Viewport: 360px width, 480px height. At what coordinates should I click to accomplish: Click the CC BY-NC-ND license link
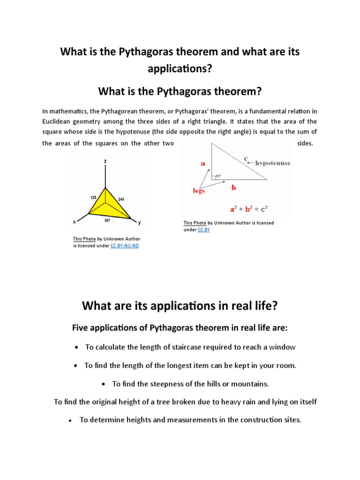pos(125,246)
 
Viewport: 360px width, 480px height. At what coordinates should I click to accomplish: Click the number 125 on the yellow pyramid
pos(93,197)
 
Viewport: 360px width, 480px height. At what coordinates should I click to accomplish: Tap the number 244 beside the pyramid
pos(121,199)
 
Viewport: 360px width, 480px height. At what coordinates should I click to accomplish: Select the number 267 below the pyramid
pos(107,220)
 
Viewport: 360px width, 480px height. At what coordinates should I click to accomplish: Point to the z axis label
pos(105,161)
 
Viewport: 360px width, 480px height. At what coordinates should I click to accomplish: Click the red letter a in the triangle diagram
pos(203,163)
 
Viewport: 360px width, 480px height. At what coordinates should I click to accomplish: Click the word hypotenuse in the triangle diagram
pos(273,163)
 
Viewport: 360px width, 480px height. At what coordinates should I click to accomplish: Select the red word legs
pos(199,190)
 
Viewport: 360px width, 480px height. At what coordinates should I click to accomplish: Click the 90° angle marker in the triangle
pos(218,176)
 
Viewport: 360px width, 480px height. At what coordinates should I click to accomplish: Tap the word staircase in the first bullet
pos(176,347)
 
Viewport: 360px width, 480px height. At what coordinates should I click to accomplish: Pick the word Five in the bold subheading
pos(81,328)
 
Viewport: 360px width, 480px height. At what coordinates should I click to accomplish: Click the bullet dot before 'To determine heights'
pos(70,421)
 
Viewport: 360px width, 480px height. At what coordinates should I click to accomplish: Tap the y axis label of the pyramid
pos(139,223)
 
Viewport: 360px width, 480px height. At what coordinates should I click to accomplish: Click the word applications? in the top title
pos(180,68)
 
